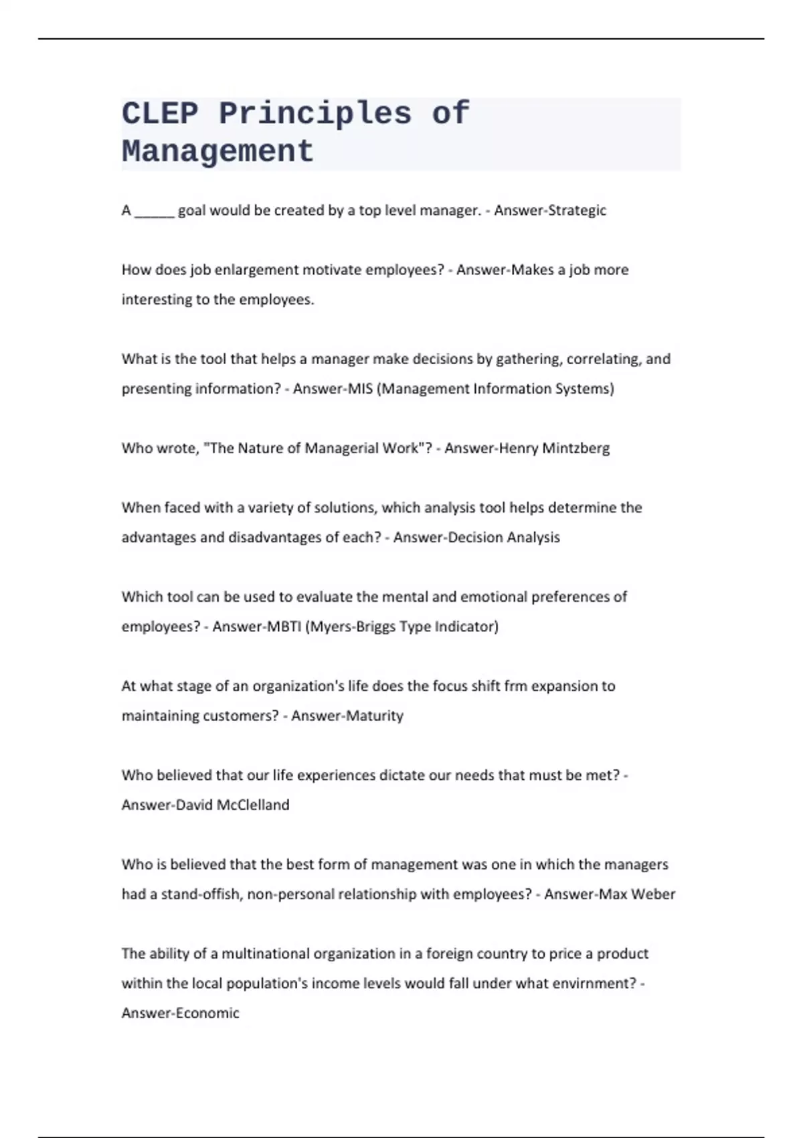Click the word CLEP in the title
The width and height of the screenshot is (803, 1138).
click(x=160, y=113)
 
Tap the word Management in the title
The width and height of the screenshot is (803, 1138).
click(x=217, y=151)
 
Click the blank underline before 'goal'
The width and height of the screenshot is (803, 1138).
click(x=155, y=212)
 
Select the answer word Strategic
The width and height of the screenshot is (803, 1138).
click(x=577, y=210)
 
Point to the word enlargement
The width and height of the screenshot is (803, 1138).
click(x=257, y=270)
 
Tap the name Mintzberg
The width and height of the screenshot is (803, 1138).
click(x=575, y=449)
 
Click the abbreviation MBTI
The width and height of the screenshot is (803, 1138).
click(x=284, y=627)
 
